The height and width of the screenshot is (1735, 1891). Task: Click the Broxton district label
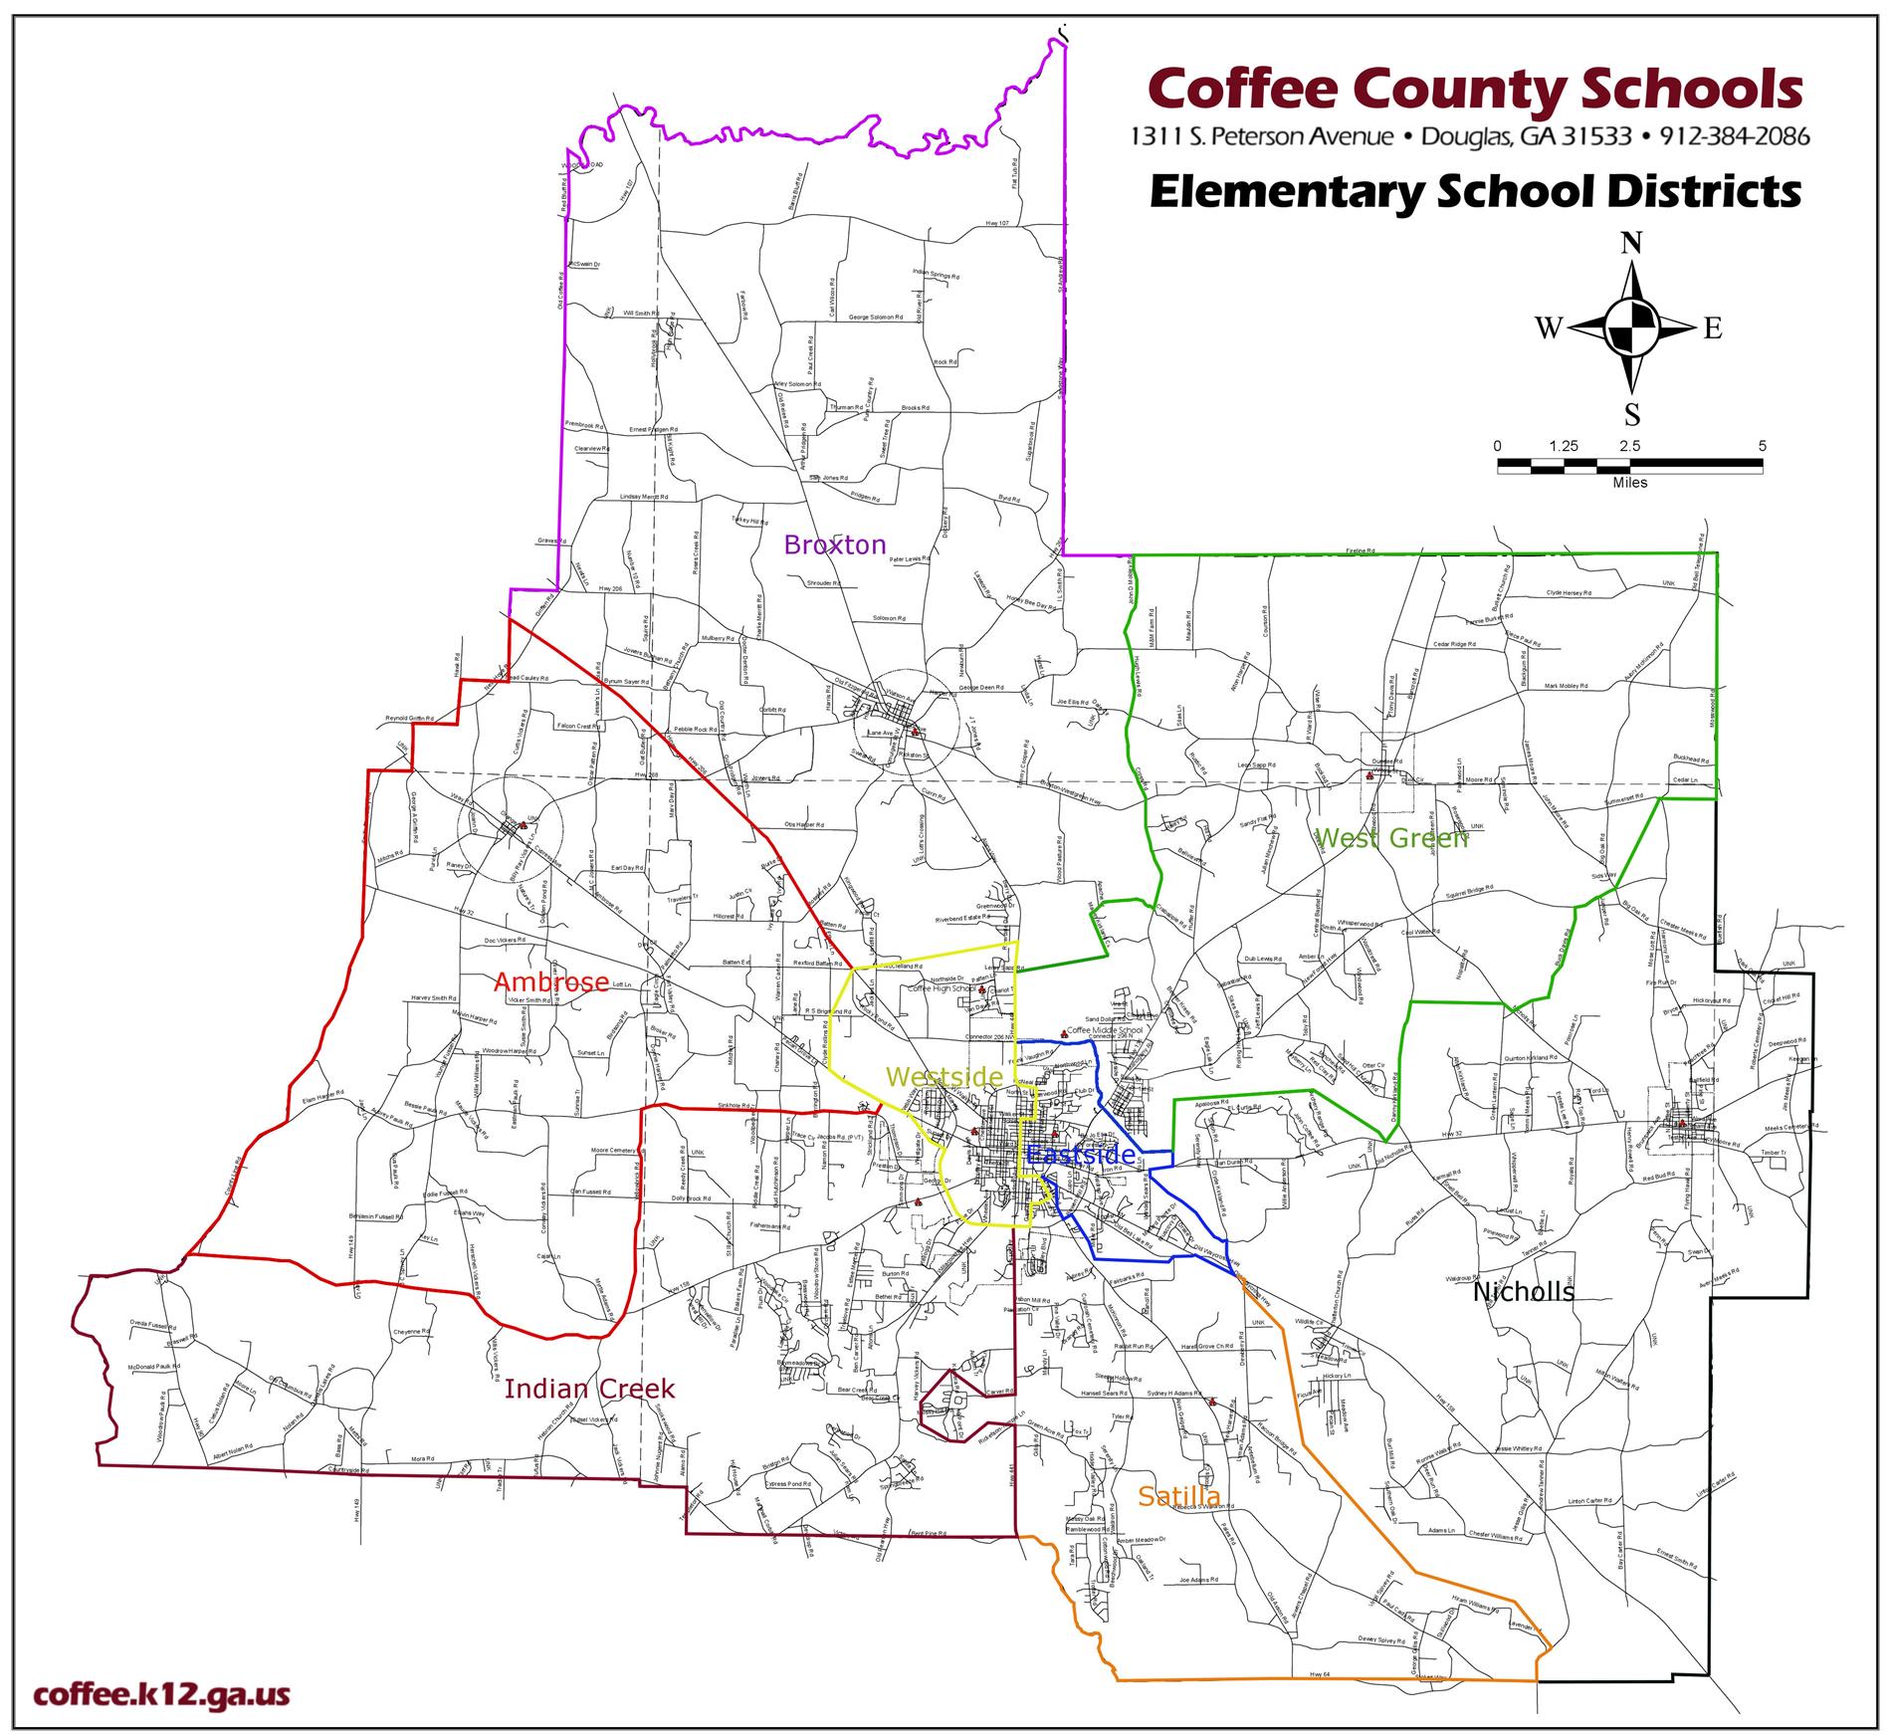[x=834, y=544]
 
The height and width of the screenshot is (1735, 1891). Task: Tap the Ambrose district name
[x=551, y=982]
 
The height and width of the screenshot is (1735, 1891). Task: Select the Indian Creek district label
[x=589, y=1389]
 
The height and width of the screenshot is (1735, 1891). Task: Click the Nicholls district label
[x=1523, y=1292]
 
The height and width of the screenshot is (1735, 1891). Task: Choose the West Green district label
[x=1390, y=838]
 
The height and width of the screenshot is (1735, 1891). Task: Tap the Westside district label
[x=945, y=1076]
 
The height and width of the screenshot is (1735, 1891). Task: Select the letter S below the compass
[x=1632, y=414]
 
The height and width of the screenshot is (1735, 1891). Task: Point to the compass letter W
[x=1549, y=328]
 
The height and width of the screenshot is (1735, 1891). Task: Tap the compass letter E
[x=1712, y=328]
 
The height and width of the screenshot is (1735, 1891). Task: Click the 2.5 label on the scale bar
[x=1629, y=447]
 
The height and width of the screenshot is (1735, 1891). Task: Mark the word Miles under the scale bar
[x=1630, y=483]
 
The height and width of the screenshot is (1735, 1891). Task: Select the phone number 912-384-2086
[x=1734, y=135]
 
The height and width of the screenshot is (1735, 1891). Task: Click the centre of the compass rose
[x=1632, y=328]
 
